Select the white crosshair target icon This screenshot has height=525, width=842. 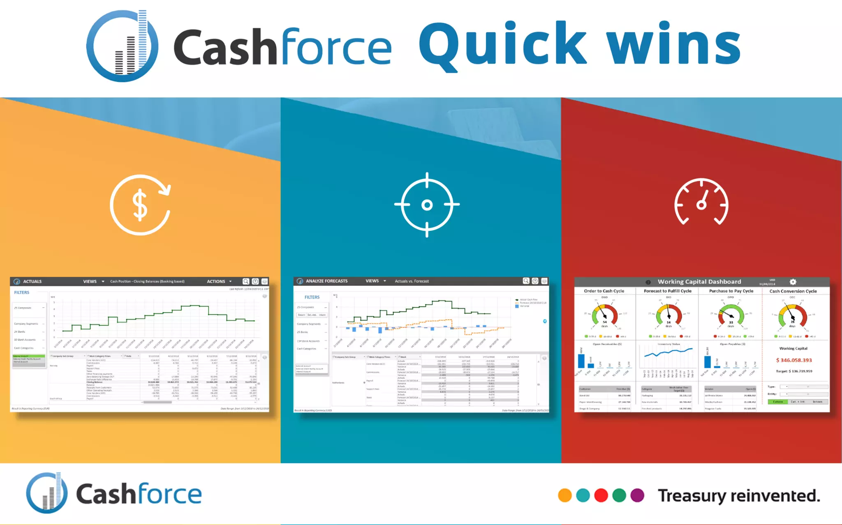427,205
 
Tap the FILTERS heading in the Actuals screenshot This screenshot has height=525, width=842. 22,292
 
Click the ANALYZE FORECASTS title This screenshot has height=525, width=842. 326,281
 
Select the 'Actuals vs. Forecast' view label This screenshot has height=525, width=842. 412,281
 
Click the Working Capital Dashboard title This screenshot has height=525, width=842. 699,282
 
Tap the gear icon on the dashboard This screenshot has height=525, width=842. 793,282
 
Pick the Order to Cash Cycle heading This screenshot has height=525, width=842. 604,291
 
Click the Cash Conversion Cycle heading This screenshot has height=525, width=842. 793,291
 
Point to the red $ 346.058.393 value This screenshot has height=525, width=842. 794,360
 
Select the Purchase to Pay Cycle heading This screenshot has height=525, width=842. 731,291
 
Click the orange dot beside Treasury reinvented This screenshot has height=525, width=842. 565,495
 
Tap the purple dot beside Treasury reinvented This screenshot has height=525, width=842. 637,495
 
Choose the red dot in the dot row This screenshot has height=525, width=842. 601,495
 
